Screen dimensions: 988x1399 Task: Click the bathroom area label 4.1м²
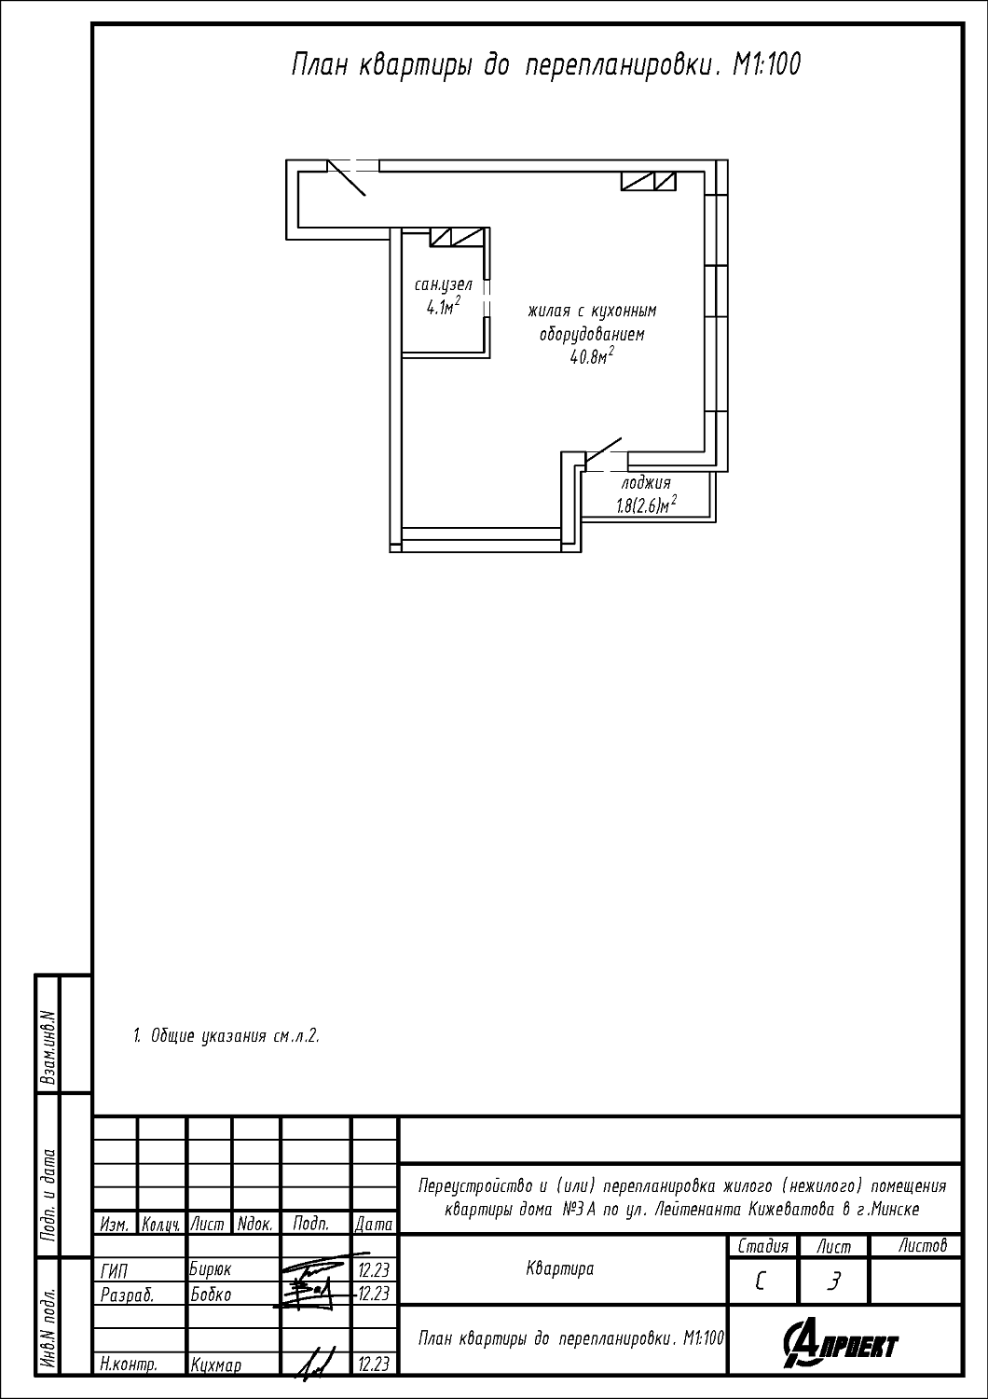tap(443, 306)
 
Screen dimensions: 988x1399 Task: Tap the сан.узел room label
tap(444, 284)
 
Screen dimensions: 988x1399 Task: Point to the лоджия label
tap(646, 483)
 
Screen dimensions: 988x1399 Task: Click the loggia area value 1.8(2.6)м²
tap(647, 505)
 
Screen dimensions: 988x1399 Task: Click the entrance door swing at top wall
tap(347, 178)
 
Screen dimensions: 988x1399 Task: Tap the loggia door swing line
tap(604, 450)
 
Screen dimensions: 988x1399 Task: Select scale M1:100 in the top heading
tap(766, 64)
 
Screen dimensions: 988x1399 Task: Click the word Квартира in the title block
tap(560, 1268)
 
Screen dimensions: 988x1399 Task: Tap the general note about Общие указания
tap(226, 1036)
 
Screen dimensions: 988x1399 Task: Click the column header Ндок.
tap(255, 1225)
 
